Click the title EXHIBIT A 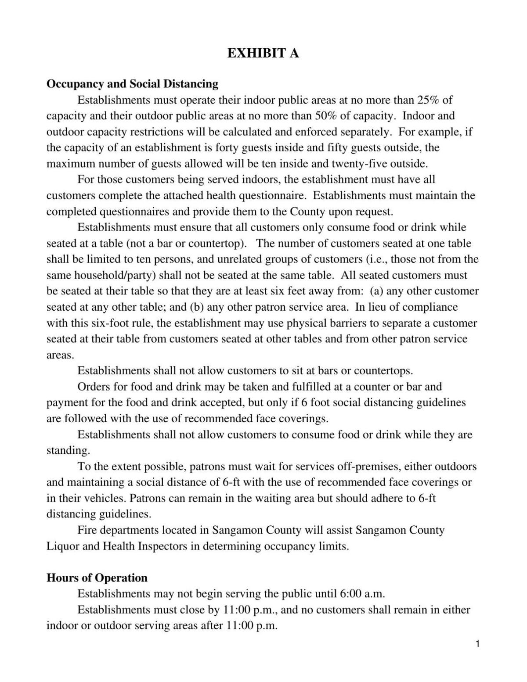point(263,53)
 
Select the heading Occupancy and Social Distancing point(132,83)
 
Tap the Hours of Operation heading point(97,578)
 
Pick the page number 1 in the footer point(477,644)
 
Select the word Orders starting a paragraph point(93,387)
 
